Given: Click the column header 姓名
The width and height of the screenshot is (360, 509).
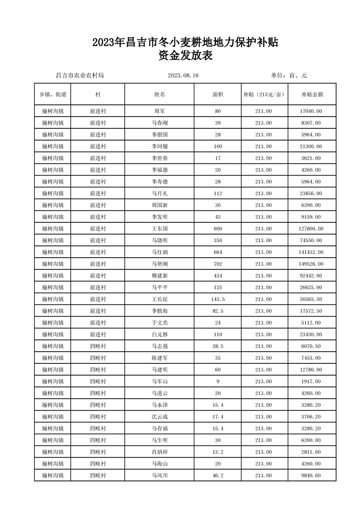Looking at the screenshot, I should pyautogui.click(x=159, y=95).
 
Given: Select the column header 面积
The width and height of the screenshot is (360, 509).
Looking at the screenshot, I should pyautogui.click(x=218, y=95).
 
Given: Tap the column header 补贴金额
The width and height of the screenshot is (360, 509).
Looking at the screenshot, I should pyautogui.click(x=312, y=95).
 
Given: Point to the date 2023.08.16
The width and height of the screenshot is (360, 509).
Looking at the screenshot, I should pyautogui.click(x=183, y=75).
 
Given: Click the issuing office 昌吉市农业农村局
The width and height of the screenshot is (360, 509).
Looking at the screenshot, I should pyautogui.click(x=79, y=75).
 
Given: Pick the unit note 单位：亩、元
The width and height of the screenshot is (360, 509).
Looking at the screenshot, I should pyautogui.click(x=289, y=75).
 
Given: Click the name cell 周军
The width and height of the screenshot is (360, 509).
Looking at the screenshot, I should pyautogui.click(x=159, y=111).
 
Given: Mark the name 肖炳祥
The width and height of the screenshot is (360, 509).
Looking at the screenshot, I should pyautogui.click(x=159, y=452).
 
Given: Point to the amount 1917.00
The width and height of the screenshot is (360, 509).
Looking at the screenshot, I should pyautogui.click(x=312, y=382).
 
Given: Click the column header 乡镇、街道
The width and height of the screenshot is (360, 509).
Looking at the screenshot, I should pyautogui.click(x=53, y=95).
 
